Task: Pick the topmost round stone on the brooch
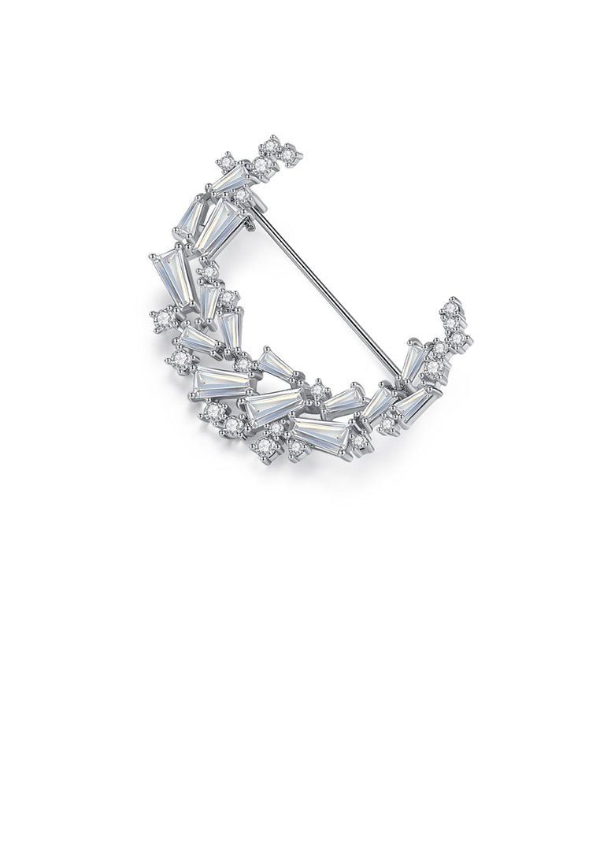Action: tap(272, 145)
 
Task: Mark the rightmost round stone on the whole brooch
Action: tap(458, 339)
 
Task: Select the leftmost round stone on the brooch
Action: tap(163, 319)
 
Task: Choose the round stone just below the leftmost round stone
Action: tap(181, 359)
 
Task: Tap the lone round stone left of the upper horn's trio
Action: tap(227, 161)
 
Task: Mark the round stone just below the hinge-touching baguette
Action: tap(209, 272)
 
